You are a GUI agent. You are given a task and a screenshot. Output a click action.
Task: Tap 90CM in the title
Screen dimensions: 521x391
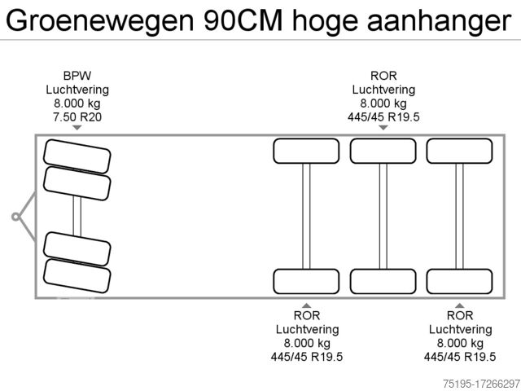click(243, 20)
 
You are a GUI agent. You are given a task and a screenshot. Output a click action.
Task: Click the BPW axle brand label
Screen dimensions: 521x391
click(77, 76)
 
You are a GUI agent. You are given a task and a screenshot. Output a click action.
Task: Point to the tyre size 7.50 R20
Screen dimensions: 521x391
click(77, 117)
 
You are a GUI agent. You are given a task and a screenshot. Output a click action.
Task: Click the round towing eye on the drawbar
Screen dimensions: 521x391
click(15, 217)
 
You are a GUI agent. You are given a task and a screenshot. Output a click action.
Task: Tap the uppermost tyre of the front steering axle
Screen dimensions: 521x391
click(77, 156)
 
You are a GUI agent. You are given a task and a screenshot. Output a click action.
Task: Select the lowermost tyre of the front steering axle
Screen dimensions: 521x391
click(77, 276)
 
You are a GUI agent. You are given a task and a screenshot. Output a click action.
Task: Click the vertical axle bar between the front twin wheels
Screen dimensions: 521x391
click(77, 216)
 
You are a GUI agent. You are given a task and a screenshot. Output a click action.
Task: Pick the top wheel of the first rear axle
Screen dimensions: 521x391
click(306, 151)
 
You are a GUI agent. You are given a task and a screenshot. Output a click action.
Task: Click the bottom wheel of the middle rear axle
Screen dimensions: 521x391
click(383, 281)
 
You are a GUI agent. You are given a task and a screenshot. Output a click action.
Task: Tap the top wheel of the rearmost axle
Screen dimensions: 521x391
click(459, 151)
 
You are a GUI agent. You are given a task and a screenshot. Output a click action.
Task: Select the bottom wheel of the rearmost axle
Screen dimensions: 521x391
click(459, 281)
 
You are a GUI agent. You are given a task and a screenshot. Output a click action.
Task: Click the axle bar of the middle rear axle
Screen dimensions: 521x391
click(383, 216)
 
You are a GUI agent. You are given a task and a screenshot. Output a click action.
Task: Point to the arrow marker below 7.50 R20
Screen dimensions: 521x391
click(77, 128)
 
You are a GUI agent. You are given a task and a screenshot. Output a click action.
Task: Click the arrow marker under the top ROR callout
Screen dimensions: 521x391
click(383, 128)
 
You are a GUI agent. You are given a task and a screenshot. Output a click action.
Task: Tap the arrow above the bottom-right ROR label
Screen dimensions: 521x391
click(459, 305)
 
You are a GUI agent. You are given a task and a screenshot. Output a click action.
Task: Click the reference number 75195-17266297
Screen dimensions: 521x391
click(481, 384)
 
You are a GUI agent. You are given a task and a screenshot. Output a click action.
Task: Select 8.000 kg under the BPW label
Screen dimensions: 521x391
click(77, 103)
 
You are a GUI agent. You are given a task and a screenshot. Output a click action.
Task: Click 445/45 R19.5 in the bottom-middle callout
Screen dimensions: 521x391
click(307, 357)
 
